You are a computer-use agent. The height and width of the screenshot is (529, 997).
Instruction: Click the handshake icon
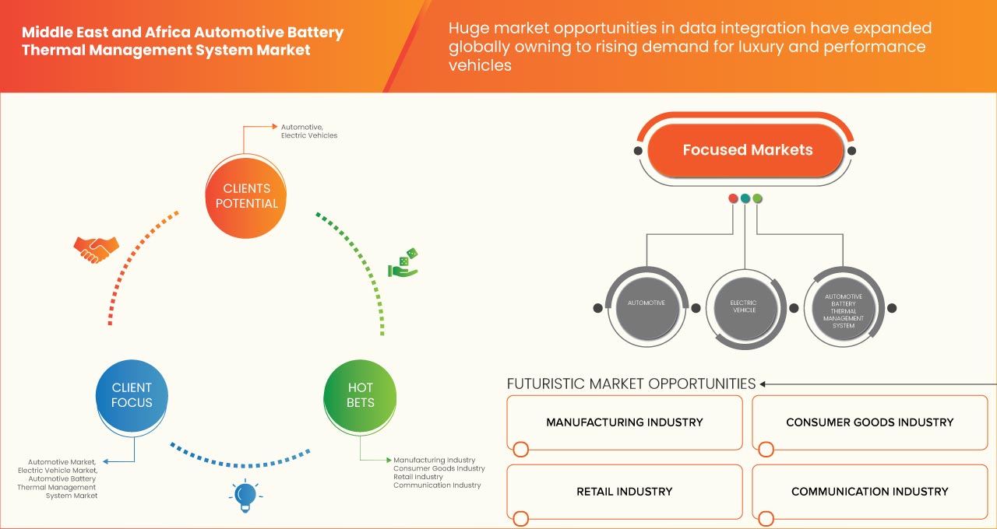pyautogui.click(x=96, y=248)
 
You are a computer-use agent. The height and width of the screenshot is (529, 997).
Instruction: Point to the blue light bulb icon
pyautogui.click(x=245, y=495)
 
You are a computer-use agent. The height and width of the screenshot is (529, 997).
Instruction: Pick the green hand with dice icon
pyautogui.click(x=404, y=264)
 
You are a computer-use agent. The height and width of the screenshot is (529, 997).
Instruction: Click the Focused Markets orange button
pyautogui.click(x=747, y=150)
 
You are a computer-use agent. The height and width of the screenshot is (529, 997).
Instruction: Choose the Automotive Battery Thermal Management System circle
pyautogui.click(x=843, y=308)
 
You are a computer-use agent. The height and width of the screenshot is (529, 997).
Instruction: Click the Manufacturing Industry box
pyautogui.click(x=624, y=422)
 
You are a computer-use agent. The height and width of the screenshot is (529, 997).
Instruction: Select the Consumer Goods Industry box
pyautogui.click(x=869, y=422)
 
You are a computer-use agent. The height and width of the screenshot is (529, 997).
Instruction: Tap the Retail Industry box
pyautogui.click(x=624, y=492)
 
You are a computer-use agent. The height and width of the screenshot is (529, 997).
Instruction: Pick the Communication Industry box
pyautogui.click(x=869, y=492)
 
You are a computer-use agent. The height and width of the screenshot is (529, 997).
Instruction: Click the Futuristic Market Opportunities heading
pyautogui.click(x=631, y=384)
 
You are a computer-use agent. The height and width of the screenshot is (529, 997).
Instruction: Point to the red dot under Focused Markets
pyautogui.click(x=733, y=199)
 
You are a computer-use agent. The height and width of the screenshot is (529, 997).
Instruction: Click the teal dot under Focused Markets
pyautogui.click(x=745, y=199)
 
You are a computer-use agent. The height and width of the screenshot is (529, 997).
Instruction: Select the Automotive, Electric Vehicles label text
pyautogui.click(x=308, y=131)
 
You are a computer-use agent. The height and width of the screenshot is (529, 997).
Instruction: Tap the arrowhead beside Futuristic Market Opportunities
pyautogui.click(x=764, y=384)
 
